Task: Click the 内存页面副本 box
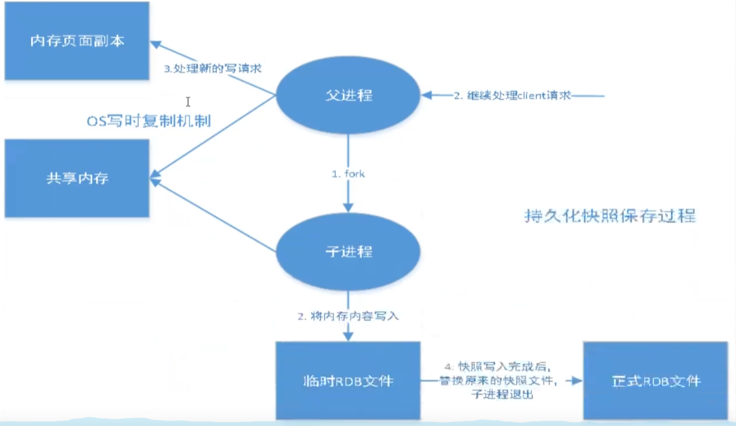tap(77, 41)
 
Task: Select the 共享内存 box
tap(77, 178)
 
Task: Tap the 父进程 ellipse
tap(348, 95)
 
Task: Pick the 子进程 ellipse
tap(348, 252)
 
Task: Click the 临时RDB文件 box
tap(348, 380)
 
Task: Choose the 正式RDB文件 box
tap(655, 380)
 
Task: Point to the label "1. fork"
tap(348, 175)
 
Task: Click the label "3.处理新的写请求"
tap(213, 68)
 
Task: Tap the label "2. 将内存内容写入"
tap(348, 316)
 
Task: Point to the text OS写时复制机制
tap(150, 121)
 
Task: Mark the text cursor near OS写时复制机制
tap(188, 102)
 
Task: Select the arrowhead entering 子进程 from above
tap(348, 205)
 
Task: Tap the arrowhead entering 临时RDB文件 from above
tap(348, 336)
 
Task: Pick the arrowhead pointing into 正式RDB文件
tap(578, 380)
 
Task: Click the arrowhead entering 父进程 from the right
tap(427, 95)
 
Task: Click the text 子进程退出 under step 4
tap(502, 395)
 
